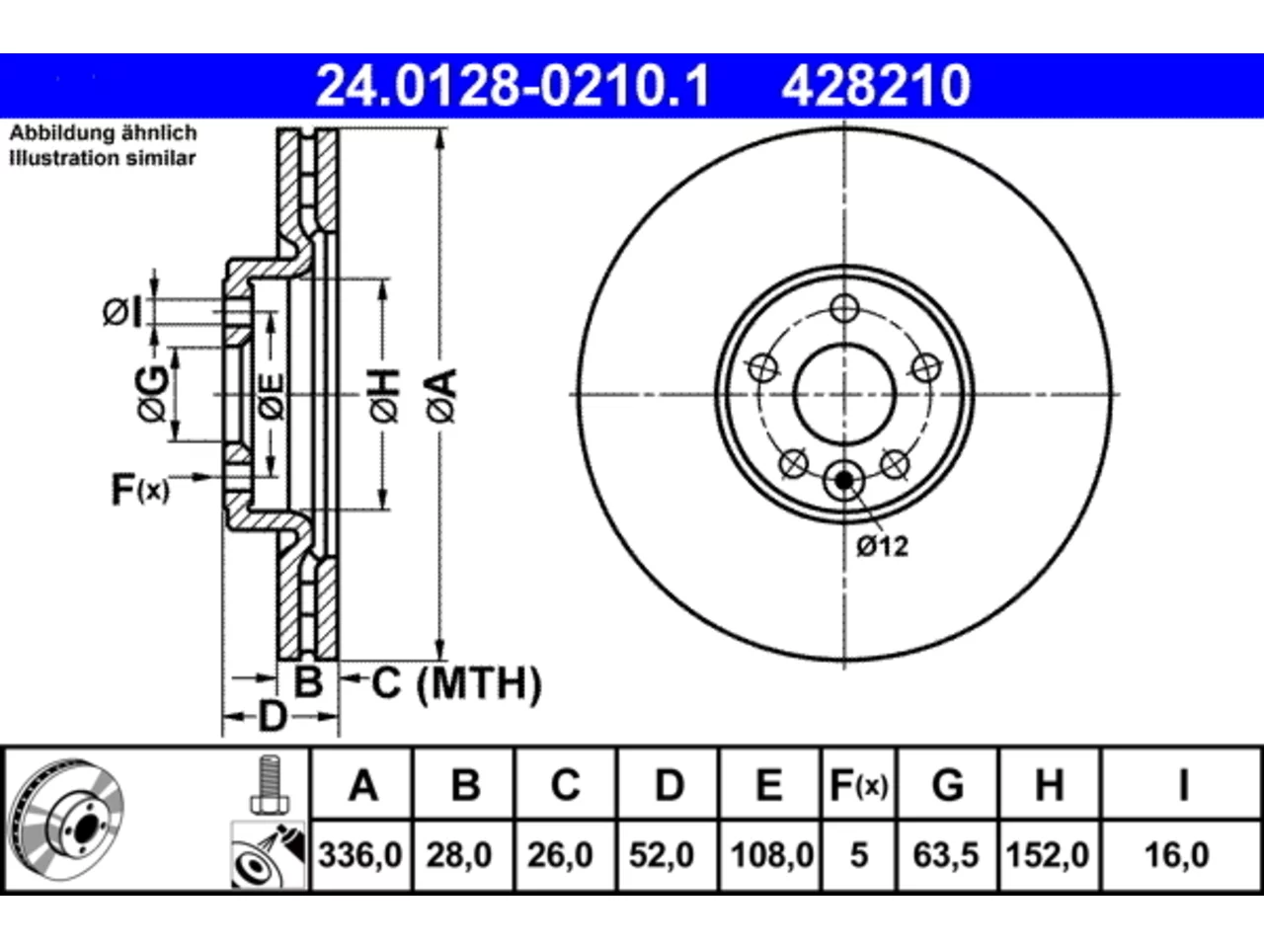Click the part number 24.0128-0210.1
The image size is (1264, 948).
click(x=513, y=86)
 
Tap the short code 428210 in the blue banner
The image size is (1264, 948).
click(x=875, y=86)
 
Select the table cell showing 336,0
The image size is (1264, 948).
click(x=359, y=855)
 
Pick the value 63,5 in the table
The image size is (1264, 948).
click(x=946, y=855)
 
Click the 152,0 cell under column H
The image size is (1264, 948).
click(x=1047, y=855)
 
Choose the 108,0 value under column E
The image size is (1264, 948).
click(x=771, y=855)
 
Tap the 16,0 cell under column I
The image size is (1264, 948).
click(x=1176, y=855)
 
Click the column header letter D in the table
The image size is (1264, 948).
click(x=669, y=784)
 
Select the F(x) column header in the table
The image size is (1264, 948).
click(x=858, y=785)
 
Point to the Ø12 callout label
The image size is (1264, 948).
click(x=882, y=546)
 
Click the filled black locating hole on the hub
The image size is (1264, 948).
click(x=843, y=480)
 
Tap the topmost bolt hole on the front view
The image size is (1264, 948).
click(x=844, y=308)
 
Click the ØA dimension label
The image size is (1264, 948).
click(x=442, y=395)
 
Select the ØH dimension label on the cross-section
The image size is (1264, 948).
click(x=385, y=395)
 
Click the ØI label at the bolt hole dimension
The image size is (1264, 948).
click(x=122, y=313)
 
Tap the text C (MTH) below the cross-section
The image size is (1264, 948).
click(x=456, y=683)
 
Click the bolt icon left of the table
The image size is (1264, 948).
click(x=270, y=784)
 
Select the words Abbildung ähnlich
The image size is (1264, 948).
click(x=103, y=133)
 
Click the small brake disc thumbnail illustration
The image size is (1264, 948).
click(x=67, y=820)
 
